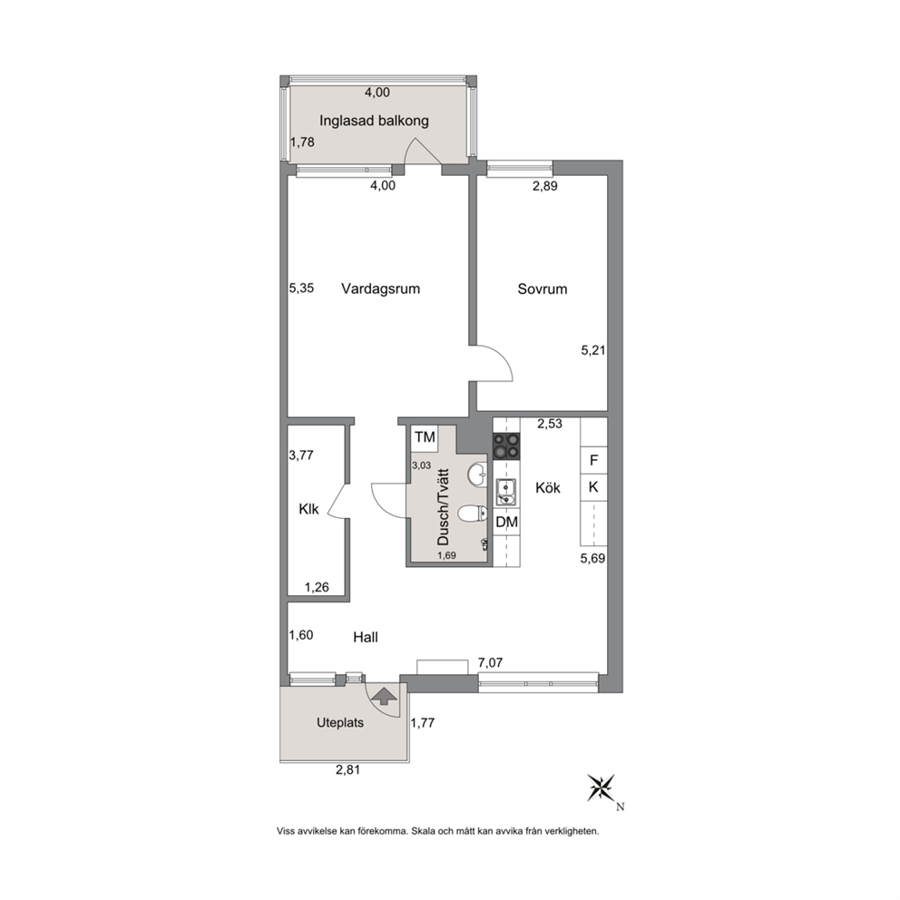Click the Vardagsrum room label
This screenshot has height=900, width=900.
point(380,289)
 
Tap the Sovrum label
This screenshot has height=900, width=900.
point(543,289)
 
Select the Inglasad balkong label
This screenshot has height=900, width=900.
point(374,121)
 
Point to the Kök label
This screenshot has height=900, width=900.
point(548,488)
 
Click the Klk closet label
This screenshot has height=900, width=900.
point(308,509)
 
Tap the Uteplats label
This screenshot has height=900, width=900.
point(340,723)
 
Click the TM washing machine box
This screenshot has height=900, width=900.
point(426,437)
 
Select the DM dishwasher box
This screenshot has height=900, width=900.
point(507,523)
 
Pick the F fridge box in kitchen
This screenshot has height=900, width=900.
point(594,460)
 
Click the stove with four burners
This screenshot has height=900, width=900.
point(507,446)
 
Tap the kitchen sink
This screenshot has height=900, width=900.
point(505,492)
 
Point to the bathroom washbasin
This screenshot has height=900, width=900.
point(476,474)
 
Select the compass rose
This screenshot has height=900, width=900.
point(601,787)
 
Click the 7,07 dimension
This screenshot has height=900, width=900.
point(490,663)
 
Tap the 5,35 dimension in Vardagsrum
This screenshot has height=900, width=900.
point(301,289)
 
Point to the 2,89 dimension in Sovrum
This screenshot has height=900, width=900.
point(544,186)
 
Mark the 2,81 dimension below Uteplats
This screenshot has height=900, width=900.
point(347,770)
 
